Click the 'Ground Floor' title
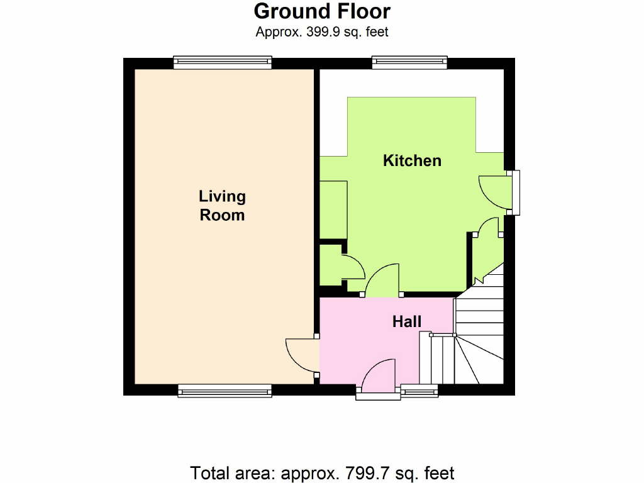322,11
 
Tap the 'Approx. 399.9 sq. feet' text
322,31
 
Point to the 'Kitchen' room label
412,160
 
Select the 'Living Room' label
222,206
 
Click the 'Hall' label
407,321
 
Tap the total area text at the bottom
322,473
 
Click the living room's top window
223,62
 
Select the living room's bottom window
225,391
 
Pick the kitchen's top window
409,62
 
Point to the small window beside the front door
419,391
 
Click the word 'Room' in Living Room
222,215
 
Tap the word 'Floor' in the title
362,11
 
